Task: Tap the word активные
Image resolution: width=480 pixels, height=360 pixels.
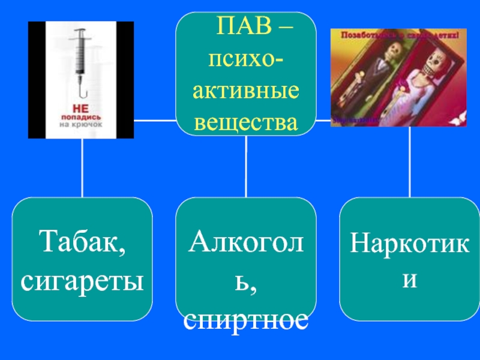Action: [246, 91]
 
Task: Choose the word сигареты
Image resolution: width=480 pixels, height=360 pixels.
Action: [83, 280]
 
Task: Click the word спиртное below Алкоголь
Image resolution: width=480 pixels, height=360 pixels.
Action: [246, 321]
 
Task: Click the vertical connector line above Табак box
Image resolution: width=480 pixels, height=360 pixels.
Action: [82, 168]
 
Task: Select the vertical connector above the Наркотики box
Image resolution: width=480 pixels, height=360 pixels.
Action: [410, 162]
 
